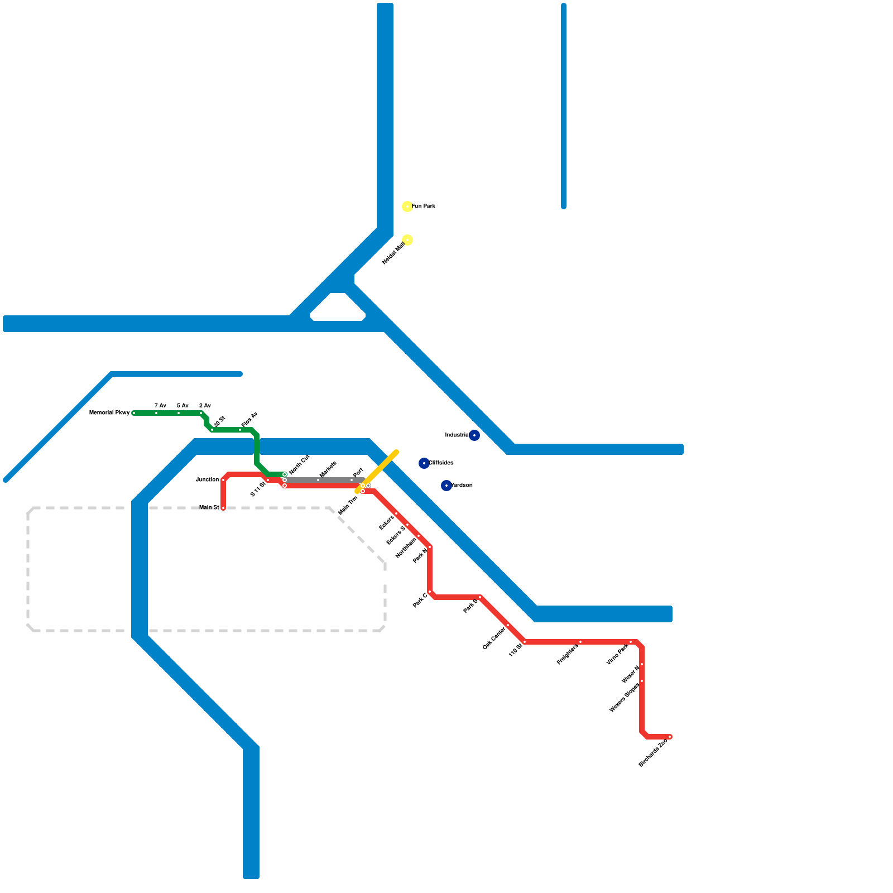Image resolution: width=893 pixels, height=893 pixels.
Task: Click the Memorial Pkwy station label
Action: tap(109, 413)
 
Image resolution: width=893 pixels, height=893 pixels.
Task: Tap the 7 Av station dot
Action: tap(156, 413)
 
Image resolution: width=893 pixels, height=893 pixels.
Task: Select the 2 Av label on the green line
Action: tap(205, 406)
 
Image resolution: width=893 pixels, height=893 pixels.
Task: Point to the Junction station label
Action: tap(207, 480)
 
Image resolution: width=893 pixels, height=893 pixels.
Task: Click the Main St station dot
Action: tap(223, 508)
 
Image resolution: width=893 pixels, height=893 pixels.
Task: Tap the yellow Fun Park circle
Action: tap(407, 207)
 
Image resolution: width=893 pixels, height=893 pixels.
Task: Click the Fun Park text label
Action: tap(424, 207)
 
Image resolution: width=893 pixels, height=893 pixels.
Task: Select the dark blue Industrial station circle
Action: tap(474, 435)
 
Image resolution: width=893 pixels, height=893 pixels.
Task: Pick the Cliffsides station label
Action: tap(441, 463)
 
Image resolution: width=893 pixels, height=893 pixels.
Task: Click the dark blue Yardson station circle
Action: tap(446, 486)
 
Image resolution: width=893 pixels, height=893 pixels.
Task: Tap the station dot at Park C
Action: tap(430, 592)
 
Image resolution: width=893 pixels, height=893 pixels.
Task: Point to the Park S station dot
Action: tap(480, 597)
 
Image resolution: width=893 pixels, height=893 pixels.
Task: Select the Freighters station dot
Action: tap(580, 642)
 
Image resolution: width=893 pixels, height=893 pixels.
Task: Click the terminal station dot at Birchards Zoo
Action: tap(670, 737)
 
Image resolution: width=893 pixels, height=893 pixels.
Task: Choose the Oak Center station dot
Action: tap(508, 625)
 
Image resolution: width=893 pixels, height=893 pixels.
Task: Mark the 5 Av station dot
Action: tap(179, 413)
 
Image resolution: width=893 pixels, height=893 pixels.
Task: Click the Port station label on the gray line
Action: tap(358, 472)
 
